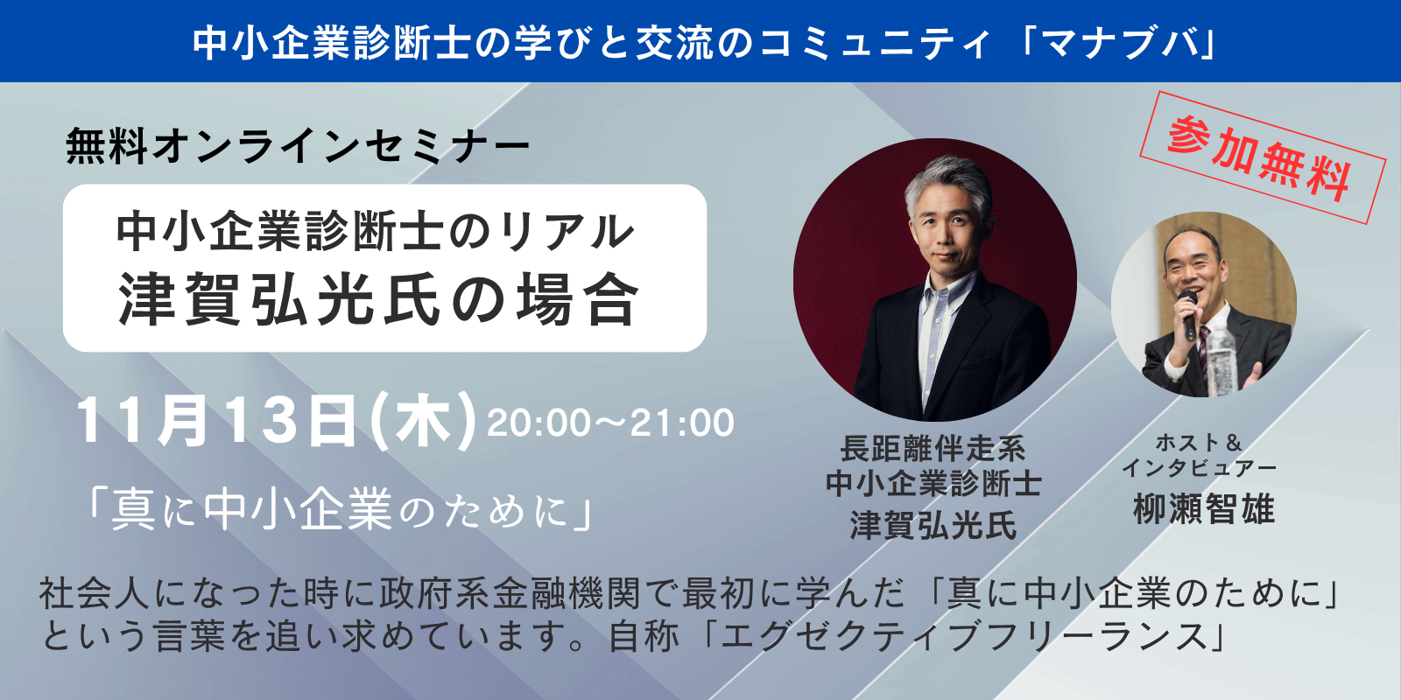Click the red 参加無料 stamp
(x=1263, y=157)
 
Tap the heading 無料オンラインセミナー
(x=298, y=146)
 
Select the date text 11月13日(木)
(x=276, y=421)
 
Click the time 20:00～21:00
(x=610, y=423)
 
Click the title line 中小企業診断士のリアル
(x=376, y=232)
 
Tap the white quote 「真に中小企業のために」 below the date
(x=341, y=509)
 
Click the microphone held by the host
(x=1187, y=314)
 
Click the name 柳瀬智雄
(x=1204, y=509)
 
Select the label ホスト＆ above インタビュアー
(x=1199, y=443)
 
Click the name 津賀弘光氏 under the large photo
(x=933, y=525)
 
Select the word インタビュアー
(x=1199, y=467)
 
